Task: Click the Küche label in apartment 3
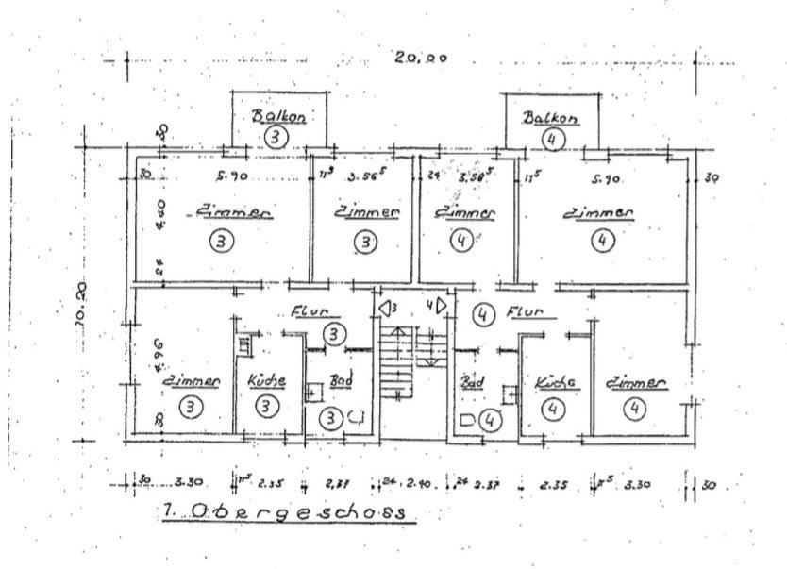coord(267,381)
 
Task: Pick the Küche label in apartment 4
coord(556,384)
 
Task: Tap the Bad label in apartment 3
coord(340,381)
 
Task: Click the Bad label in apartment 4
coord(471,383)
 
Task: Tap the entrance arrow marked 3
coord(389,308)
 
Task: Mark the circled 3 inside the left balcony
coord(276,137)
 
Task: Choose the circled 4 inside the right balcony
coord(554,138)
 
